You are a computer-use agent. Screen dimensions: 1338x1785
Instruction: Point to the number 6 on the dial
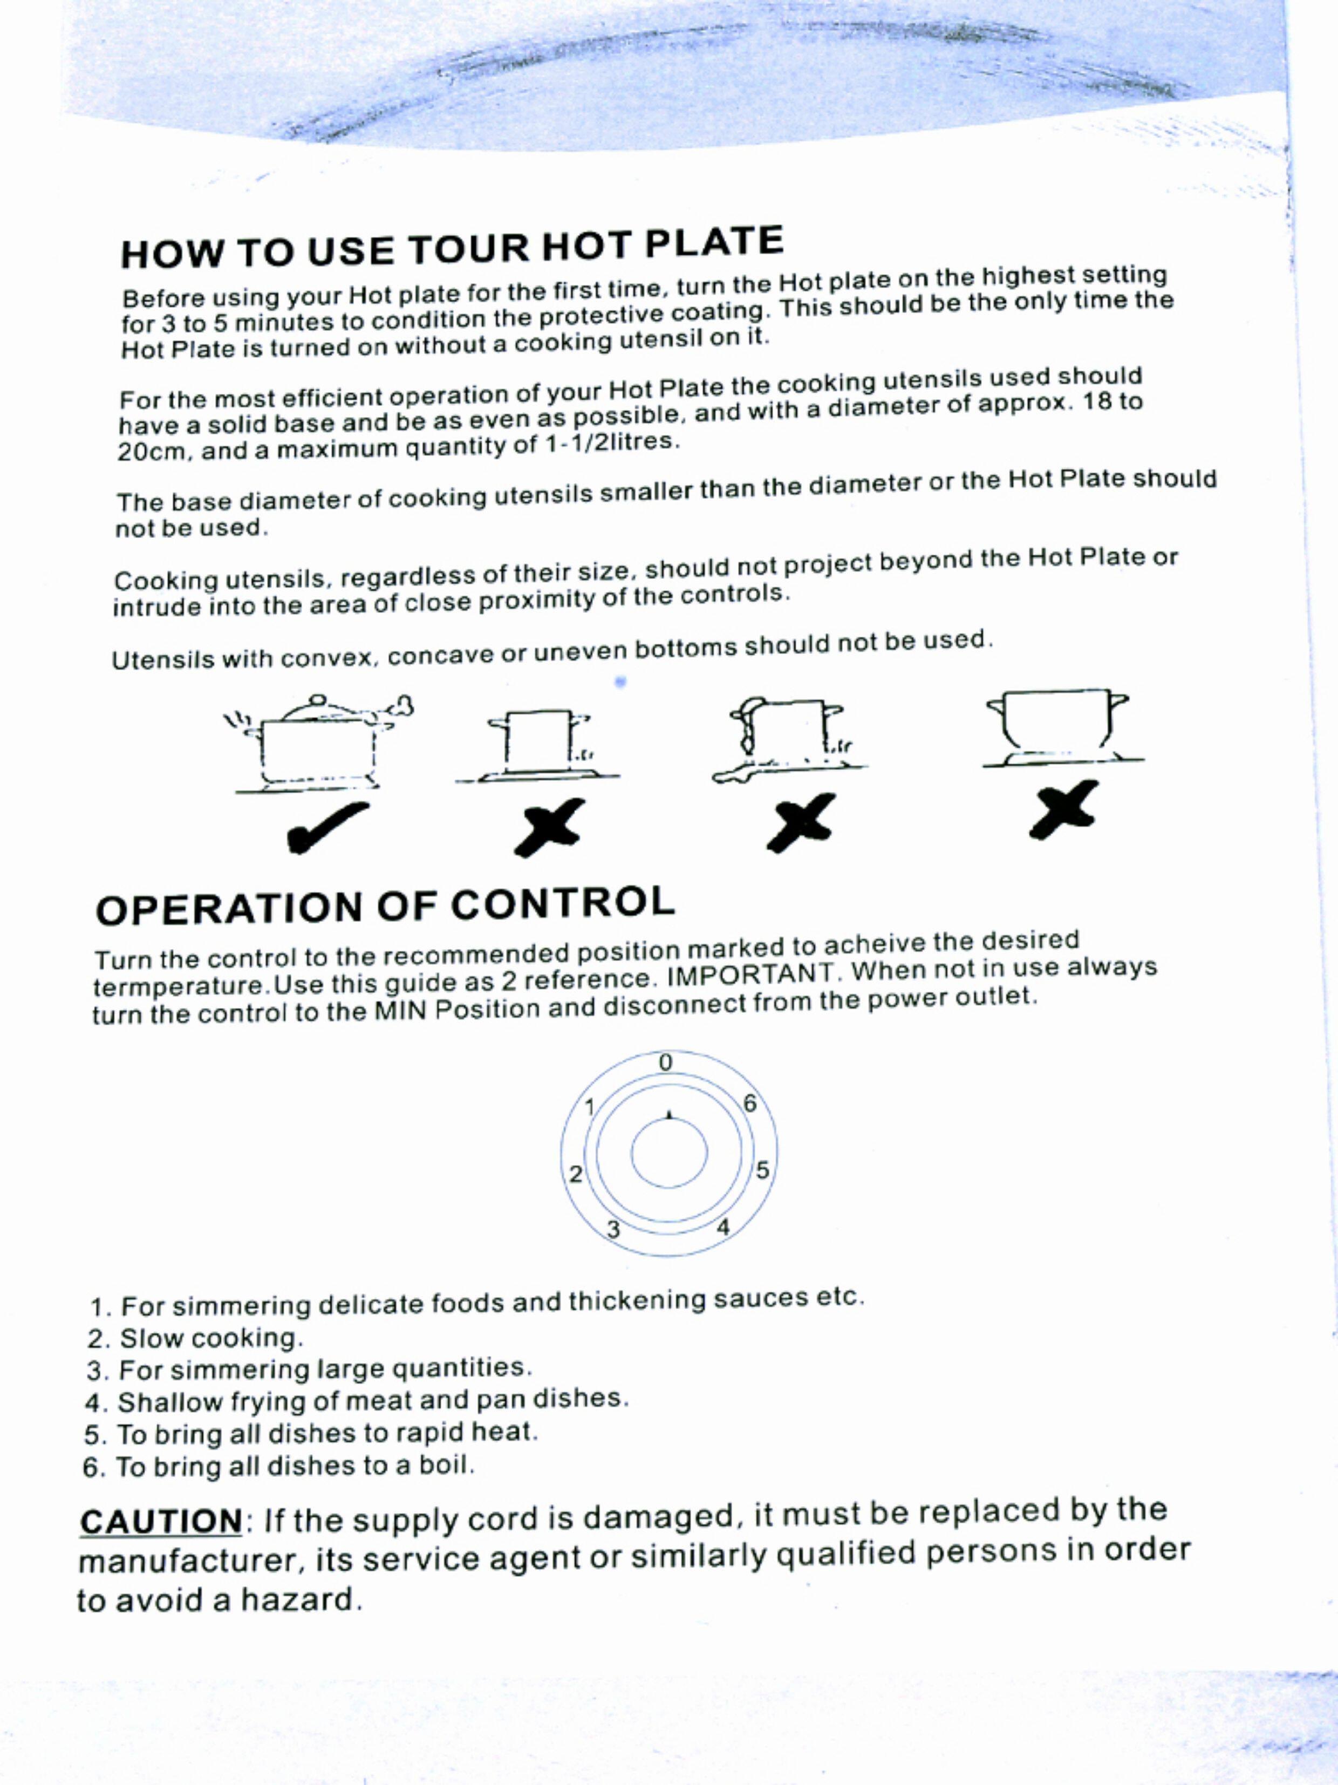point(750,1103)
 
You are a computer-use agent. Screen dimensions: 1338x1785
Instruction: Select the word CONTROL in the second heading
point(563,903)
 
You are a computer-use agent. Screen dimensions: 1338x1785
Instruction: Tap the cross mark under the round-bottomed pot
point(1063,810)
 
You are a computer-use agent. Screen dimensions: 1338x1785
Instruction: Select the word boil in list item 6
point(445,1464)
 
